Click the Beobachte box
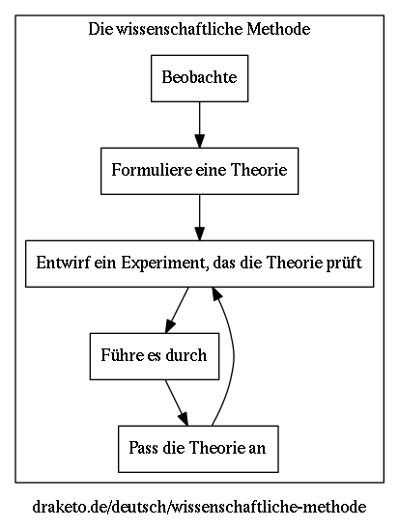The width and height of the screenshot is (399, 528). click(199, 78)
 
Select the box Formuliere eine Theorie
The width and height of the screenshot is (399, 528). click(199, 171)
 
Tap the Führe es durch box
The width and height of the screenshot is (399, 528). click(155, 356)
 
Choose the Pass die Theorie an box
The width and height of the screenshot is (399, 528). click(198, 449)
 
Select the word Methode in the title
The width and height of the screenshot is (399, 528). click(278, 29)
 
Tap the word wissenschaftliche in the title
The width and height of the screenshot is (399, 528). click(179, 29)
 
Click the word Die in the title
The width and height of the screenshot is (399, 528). click(100, 29)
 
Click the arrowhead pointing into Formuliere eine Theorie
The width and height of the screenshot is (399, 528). click(199, 141)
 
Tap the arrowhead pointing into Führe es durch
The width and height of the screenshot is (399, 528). click(170, 326)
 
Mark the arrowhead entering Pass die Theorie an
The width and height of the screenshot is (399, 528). click(184, 420)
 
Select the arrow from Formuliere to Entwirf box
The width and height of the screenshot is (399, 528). click(199, 217)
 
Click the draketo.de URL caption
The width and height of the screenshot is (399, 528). click(199, 507)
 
